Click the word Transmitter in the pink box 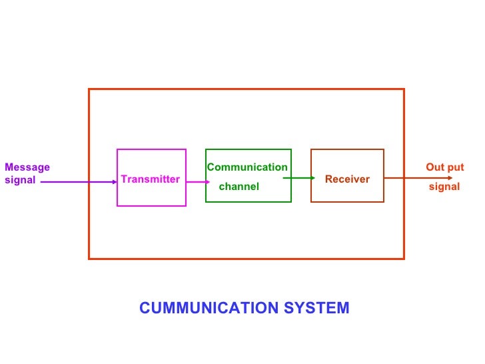tap(151, 179)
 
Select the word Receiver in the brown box tap(347, 179)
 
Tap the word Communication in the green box tap(247, 167)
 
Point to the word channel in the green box tap(239, 187)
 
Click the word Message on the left tap(27, 167)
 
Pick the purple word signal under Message tap(20, 181)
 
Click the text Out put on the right tap(444, 167)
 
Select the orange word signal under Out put tap(444, 187)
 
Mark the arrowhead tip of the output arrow tap(452, 178)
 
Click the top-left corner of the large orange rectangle tap(89, 89)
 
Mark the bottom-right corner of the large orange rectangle tap(404, 258)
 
